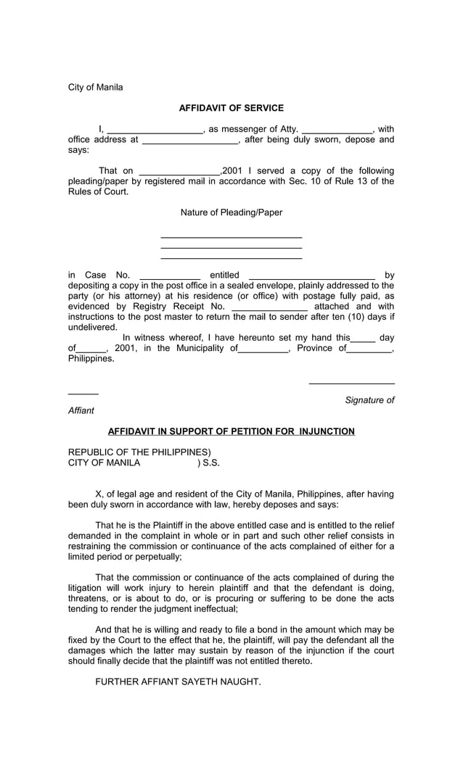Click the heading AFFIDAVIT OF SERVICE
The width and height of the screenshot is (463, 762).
[231, 108]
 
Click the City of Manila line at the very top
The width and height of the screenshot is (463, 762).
[96, 87]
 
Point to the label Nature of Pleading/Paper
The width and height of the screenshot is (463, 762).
[231, 212]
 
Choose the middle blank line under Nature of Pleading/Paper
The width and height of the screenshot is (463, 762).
[231, 248]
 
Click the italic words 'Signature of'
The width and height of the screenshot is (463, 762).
[369, 400]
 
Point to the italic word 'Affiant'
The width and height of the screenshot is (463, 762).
[81, 410]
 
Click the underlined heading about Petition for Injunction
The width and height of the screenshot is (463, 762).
[231, 431]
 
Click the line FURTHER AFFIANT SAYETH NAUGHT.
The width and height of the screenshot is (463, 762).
[178, 682]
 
